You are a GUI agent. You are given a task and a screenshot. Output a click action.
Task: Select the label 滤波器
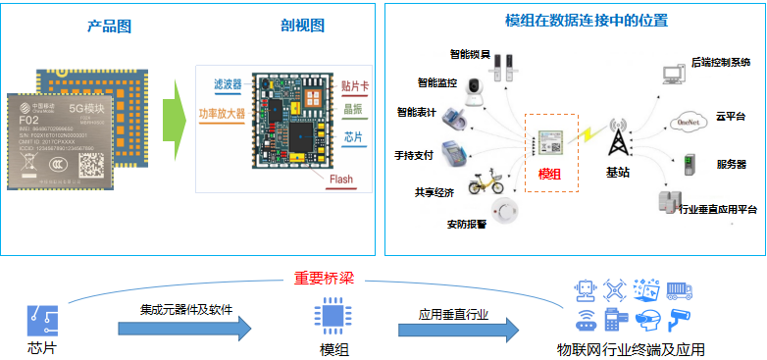coord(228,84)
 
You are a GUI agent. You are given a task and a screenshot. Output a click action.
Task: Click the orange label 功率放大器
coord(223,115)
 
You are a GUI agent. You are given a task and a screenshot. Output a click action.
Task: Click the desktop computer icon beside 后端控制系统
coord(673,73)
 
